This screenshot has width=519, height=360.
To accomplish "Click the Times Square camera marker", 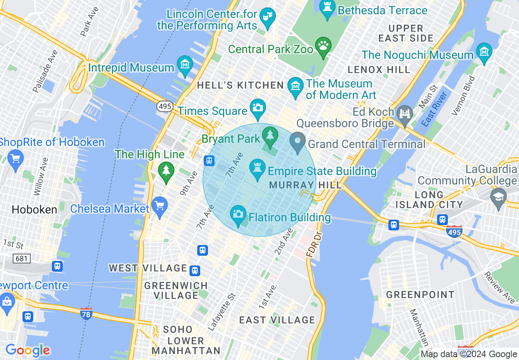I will (x=258, y=108).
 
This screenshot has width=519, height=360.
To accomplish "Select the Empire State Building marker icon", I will (x=257, y=169).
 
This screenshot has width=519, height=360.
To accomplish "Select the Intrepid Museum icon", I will (x=185, y=65).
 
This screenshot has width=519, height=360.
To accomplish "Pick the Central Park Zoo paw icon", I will (x=323, y=46).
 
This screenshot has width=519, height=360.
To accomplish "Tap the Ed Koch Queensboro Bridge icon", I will (x=405, y=113).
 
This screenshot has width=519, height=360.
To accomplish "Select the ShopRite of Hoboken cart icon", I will (x=16, y=158).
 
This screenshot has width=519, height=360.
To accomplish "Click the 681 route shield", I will (x=21, y=258).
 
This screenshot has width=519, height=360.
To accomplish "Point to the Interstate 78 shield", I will (x=86, y=314).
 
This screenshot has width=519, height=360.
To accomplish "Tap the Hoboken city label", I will (x=34, y=210).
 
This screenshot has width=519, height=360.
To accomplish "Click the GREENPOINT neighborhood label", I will (x=420, y=295).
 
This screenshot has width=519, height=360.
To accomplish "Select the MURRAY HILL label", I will (x=305, y=185).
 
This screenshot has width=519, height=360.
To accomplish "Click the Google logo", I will (x=27, y=350).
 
